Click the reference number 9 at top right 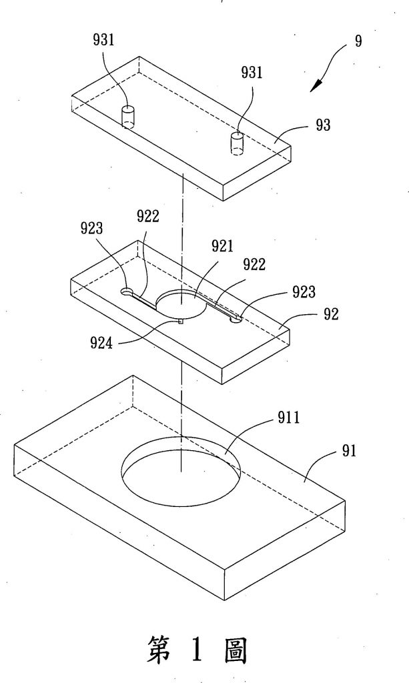359,41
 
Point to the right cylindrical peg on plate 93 236,143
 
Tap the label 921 223,246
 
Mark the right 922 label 254,265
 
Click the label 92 332,314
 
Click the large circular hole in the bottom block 180,467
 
